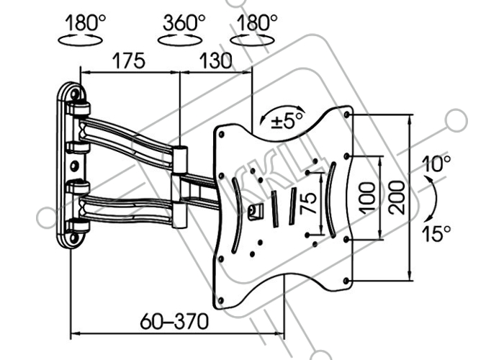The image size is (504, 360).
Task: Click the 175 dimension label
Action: (x=129, y=60)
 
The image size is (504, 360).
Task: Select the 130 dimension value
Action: (x=215, y=60)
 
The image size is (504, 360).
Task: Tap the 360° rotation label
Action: (x=184, y=23)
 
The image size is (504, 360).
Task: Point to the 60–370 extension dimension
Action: (x=174, y=321)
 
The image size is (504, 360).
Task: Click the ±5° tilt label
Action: (x=287, y=121)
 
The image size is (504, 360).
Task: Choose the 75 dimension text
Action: (x=308, y=203)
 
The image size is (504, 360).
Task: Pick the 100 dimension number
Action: (x=367, y=198)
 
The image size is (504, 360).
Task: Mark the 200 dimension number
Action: (x=396, y=198)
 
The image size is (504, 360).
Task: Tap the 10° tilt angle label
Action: (x=436, y=163)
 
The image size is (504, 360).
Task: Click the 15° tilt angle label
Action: (x=436, y=233)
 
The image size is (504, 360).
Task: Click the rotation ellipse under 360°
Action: (x=180, y=40)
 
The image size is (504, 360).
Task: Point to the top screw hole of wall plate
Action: (x=75, y=94)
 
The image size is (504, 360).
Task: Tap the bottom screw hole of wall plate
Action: (x=73, y=238)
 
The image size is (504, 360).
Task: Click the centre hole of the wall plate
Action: (x=74, y=166)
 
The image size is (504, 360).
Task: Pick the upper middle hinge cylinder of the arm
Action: (x=179, y=159)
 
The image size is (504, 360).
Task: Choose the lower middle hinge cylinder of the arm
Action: (x=179, y=215)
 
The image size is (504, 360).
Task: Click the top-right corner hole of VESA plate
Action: (x=346, y=114)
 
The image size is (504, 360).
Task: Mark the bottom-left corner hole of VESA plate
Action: (x=220, y=301)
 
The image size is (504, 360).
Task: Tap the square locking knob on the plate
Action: (x=256, y=212)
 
